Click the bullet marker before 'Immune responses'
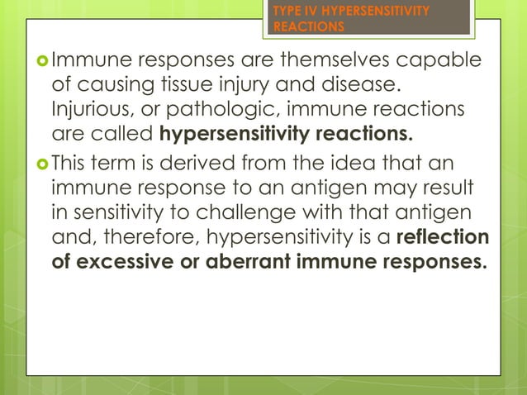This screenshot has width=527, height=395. coord(45,59)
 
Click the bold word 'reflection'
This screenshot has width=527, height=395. coord(443,237)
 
